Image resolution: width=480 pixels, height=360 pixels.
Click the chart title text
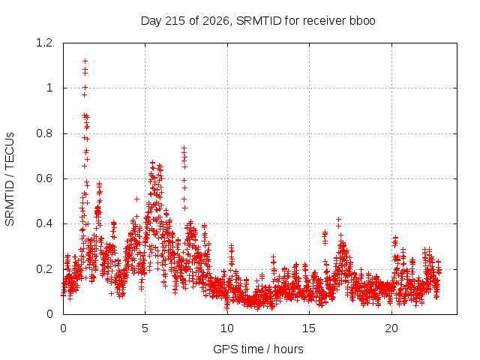[x=258, y=21]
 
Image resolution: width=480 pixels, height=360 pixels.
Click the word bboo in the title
[x=362, y=20]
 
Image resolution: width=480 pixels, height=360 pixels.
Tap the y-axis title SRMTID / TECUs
[x=10, y=179]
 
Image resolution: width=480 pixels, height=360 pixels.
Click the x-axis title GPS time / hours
[x=258, y=349]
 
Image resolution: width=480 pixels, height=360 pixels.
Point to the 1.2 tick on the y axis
[x=44, y=43]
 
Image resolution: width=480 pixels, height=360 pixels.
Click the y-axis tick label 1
[x=49, y=88]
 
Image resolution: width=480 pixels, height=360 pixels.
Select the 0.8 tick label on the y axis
[x=44, y=133]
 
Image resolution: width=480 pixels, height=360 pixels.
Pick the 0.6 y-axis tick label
[x=44, y=178]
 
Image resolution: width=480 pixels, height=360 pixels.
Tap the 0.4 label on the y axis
[x=44, y=223]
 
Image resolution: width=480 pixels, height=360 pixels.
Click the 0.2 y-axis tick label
[x=44, y=269]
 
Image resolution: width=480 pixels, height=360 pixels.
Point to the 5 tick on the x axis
[x=145, y=328]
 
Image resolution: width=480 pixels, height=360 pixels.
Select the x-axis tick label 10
[x=227, y=328]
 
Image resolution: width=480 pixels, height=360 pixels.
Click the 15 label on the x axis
[x=309, y=328]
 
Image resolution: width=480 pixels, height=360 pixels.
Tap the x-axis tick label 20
[x=391, y=328]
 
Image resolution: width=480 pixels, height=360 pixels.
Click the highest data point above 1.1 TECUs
[x=85, y=61]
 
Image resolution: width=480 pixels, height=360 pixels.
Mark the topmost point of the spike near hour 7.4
[x=184, y=148]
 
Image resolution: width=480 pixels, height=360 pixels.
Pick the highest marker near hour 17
[x=338, y=220]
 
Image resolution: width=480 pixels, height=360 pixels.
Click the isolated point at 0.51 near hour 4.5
[x=136, y=199]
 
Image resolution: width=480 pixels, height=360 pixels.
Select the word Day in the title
[x=151, y=21]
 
